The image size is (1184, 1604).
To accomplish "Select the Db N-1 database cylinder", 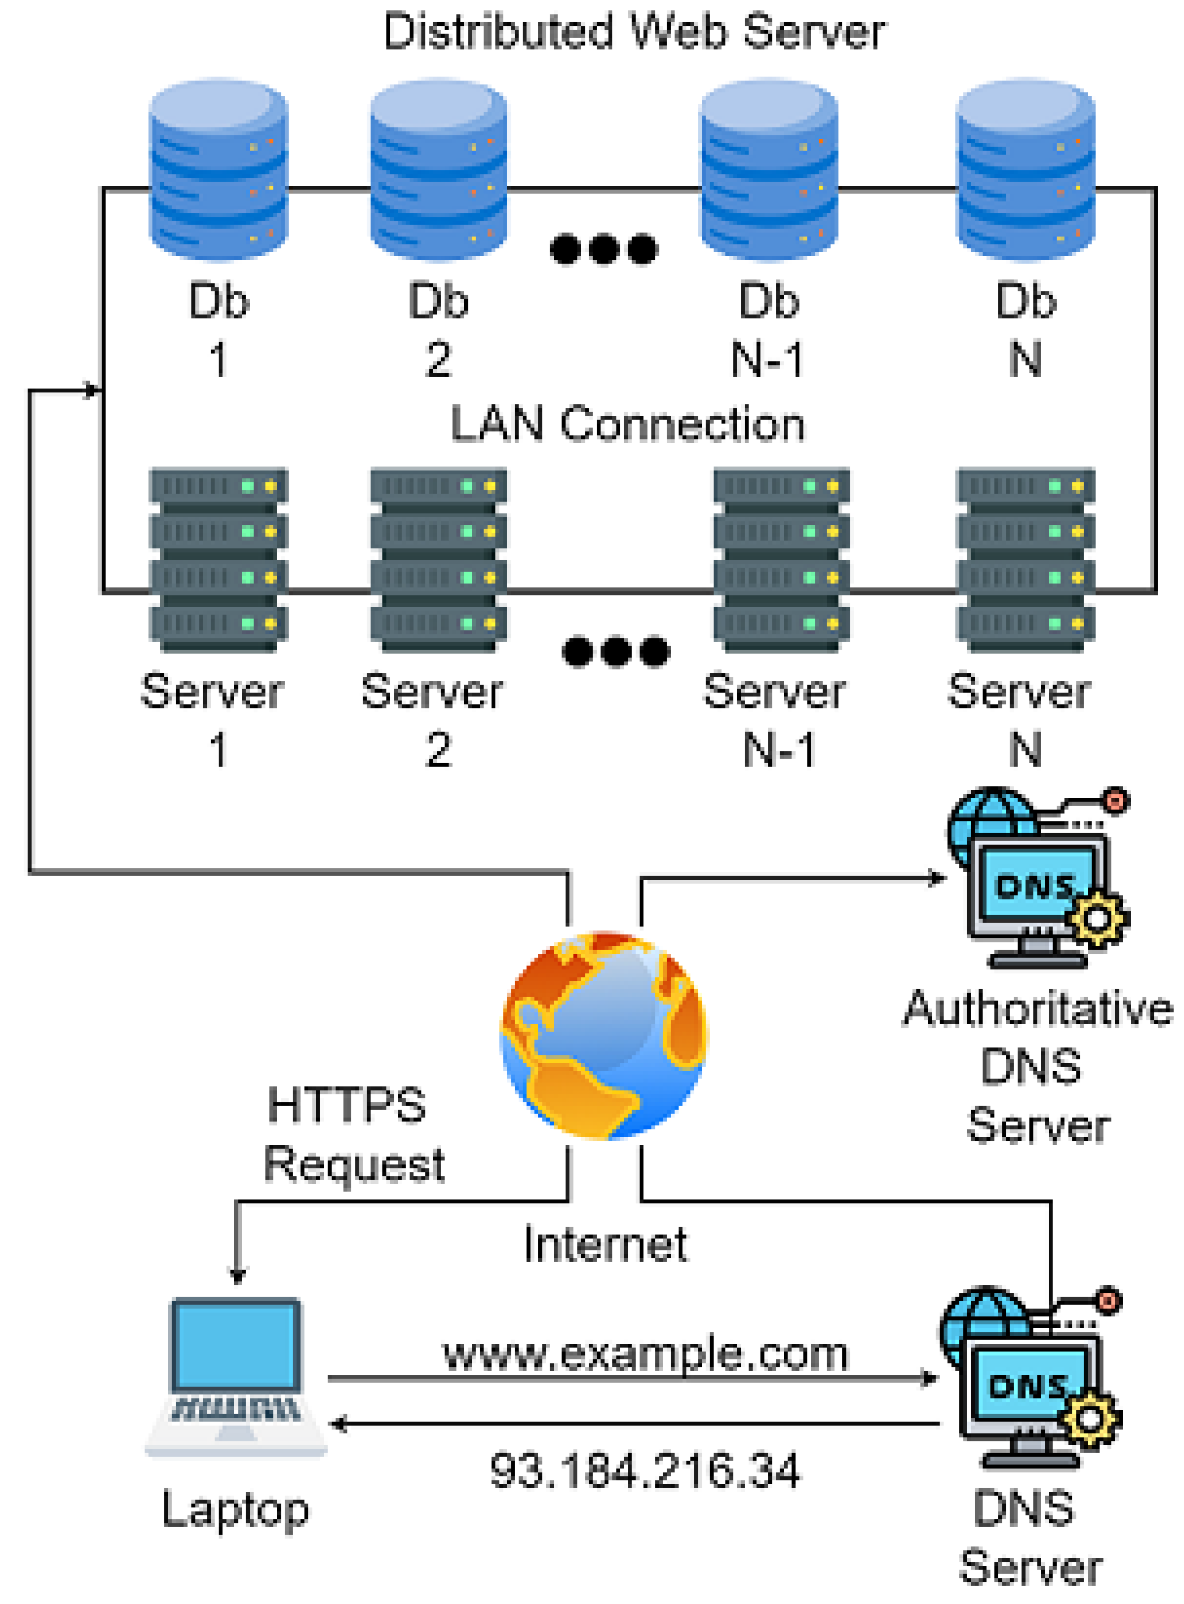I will click(x=768, y=169).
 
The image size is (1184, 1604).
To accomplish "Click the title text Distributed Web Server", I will click(x=634, y=32).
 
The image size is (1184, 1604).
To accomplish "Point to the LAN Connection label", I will click(x=627, y=424).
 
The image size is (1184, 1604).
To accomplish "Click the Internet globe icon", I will click(x=603, y=1034).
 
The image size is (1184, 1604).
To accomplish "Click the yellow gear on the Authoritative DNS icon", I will click(x=1096, y=918).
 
